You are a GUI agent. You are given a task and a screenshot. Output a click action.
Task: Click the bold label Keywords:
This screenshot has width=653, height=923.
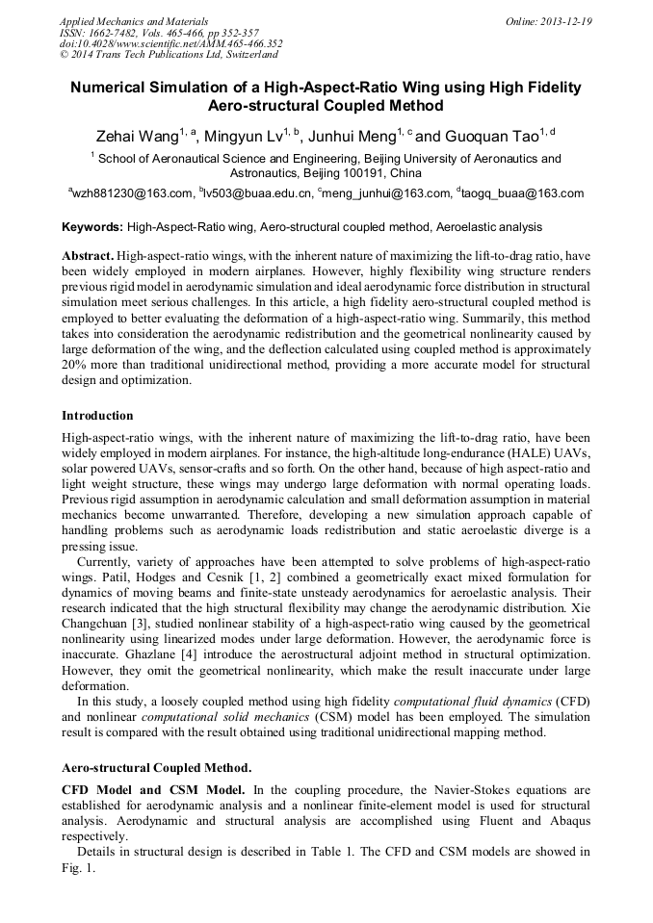coord(92,228)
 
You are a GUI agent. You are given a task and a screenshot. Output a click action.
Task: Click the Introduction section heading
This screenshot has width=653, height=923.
coord(97,416)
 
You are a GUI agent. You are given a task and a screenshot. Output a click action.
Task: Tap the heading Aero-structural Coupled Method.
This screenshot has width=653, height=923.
coord(157,769)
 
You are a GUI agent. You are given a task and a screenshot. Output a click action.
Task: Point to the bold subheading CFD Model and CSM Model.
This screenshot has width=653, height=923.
coord(145,790)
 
